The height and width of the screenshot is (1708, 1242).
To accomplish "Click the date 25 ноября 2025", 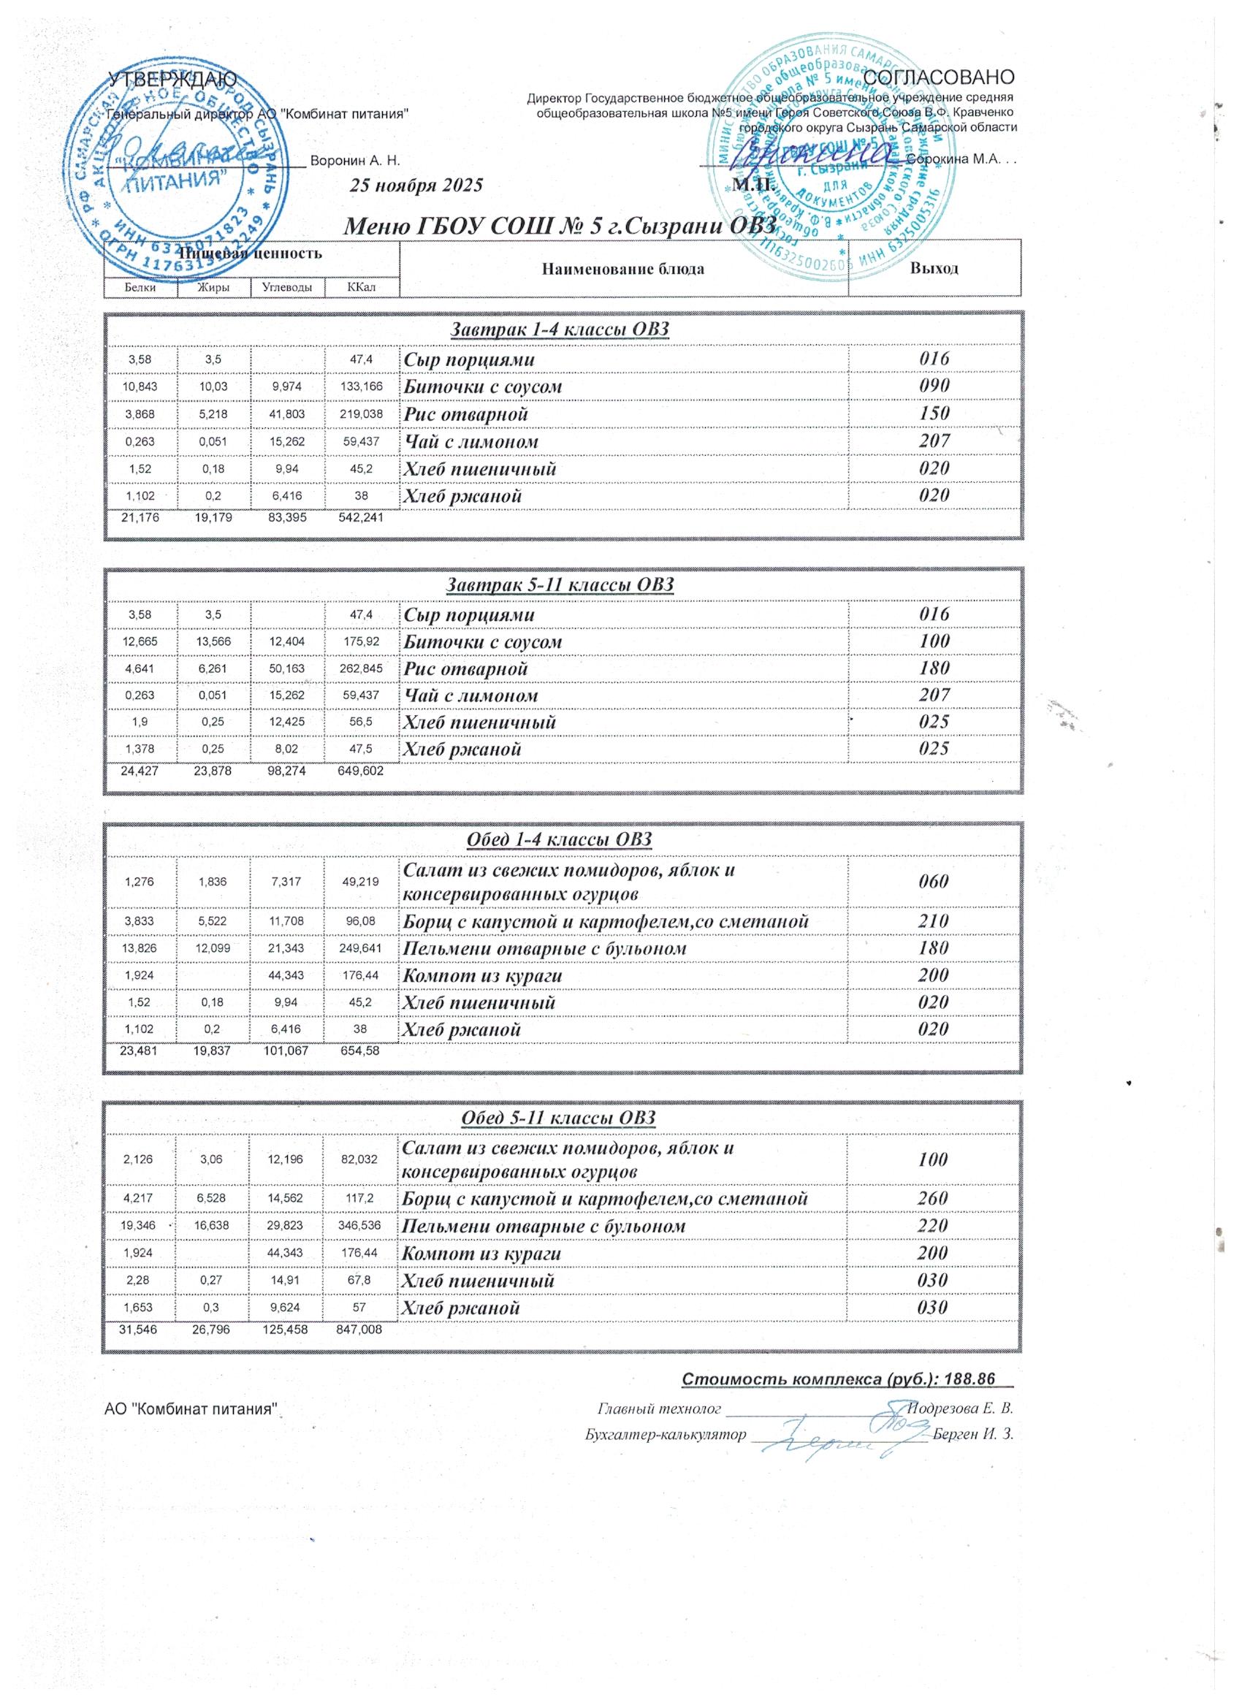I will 416,186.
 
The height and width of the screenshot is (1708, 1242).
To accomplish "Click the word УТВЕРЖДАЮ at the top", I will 172,78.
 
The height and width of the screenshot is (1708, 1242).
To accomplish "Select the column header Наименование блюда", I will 623,269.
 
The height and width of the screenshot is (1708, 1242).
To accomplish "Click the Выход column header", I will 934,268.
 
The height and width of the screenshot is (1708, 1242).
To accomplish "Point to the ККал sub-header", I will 362,287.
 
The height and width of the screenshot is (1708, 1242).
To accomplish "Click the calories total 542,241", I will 362,518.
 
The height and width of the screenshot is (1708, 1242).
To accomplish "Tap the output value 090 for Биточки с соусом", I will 934,386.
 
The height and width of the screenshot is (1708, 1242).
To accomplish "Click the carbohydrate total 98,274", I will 287,771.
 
